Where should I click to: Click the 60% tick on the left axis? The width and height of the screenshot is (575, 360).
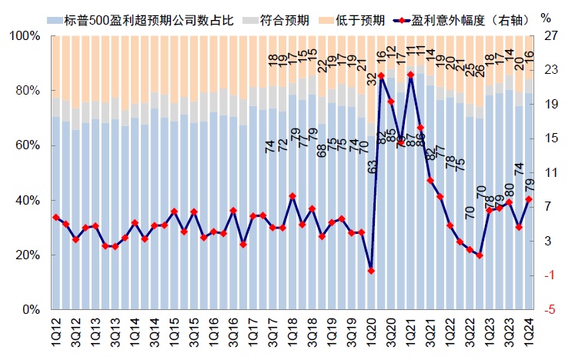pyautogui.click(x=25, y=145)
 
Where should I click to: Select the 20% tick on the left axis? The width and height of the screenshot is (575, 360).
pyautogui.click(x=25, y=255)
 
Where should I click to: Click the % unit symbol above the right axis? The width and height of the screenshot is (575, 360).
pyautogui.click(x=547, y=17)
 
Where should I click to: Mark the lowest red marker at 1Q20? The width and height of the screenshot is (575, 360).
pyautogui.click(x=371, y=271)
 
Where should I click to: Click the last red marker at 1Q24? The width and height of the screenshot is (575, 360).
pyautogui.click(x=528, y=199)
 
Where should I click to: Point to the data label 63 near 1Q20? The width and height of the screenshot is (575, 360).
pyautogui.click(x=371, y=166)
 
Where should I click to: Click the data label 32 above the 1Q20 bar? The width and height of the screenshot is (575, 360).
pyautogui.click(x=371, y=78)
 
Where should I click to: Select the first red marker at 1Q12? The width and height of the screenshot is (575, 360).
pyautogui.click(x=55, y=218)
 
